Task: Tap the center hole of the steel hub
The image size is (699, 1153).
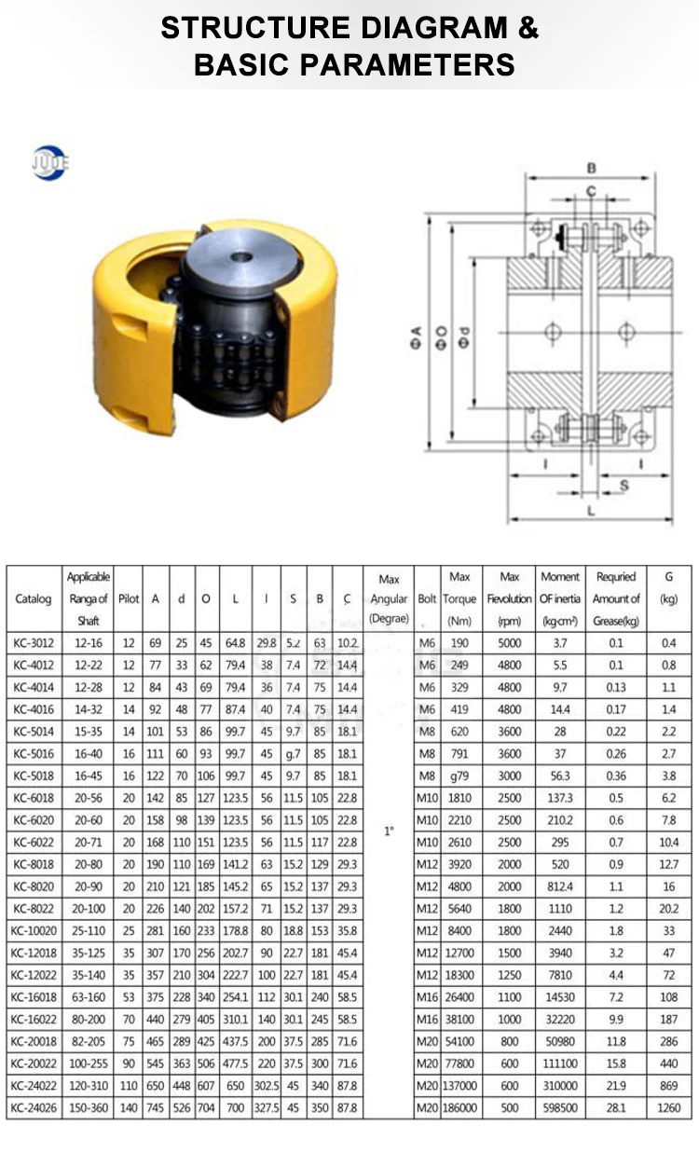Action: (x=239, y=253)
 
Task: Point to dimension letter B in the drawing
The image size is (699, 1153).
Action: (x=591, y=169)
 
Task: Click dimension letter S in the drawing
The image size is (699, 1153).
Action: (x=624, y=485)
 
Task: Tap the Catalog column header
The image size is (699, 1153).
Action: (x=34, y=599)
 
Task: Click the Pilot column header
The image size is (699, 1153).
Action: (x=129, y=599)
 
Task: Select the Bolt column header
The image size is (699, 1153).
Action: (x=427, y=599)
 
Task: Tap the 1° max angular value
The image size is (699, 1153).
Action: (x=389, y=830)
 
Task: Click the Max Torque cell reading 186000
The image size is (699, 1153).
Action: (x=459, y=1107)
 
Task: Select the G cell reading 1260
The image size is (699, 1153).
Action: (x=667, y=1107)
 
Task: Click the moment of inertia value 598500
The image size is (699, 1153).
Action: (x=559, y=1107)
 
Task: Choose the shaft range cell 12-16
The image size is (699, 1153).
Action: (x=89, y=643)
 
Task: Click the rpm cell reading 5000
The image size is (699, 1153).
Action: (x=509, y=643)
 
